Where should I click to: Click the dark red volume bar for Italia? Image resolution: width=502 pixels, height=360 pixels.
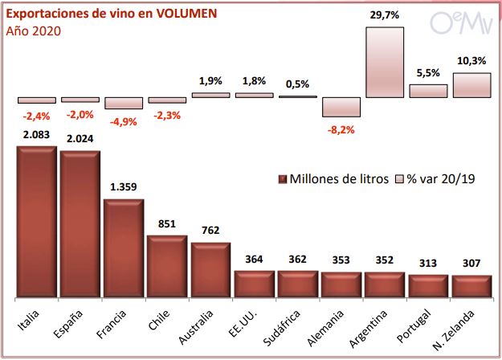click(36, 222)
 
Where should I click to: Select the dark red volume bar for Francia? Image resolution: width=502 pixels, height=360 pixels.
click(123, 248)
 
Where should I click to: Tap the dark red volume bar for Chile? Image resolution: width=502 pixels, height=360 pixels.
click(167, 266)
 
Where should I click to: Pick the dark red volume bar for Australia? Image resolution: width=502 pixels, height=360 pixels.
click(210, 270)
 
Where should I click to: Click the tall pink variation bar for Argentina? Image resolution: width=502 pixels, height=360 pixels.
click(384, 62)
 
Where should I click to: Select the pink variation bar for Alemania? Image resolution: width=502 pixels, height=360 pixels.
click(341, 108)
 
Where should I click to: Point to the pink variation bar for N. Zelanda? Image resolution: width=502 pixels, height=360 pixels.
click(471, 85)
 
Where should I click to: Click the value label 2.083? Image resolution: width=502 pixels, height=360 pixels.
click(37, 135)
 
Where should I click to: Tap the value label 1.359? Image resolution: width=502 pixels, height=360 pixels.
click(124, 187)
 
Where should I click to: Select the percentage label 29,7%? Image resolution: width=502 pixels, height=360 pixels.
click(384, 15)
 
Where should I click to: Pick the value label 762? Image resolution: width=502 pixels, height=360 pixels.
click(210, 231)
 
